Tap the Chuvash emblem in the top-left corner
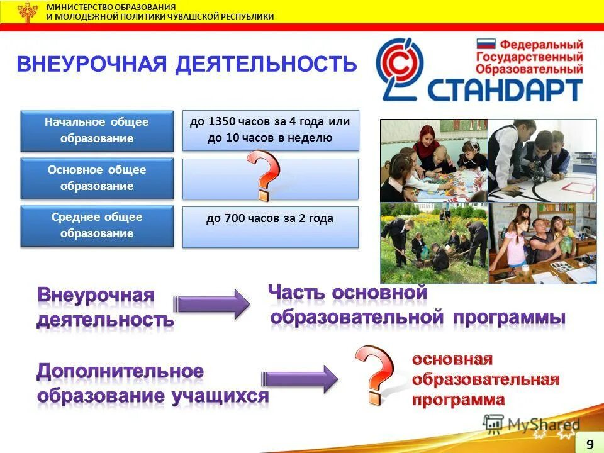point(27,12)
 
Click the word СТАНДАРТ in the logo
point(504,89)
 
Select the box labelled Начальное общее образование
point(96,130)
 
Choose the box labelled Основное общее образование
point(96,178)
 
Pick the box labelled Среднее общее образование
point(96,225)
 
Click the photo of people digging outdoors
point(433,242)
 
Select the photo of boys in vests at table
point(542,160)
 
